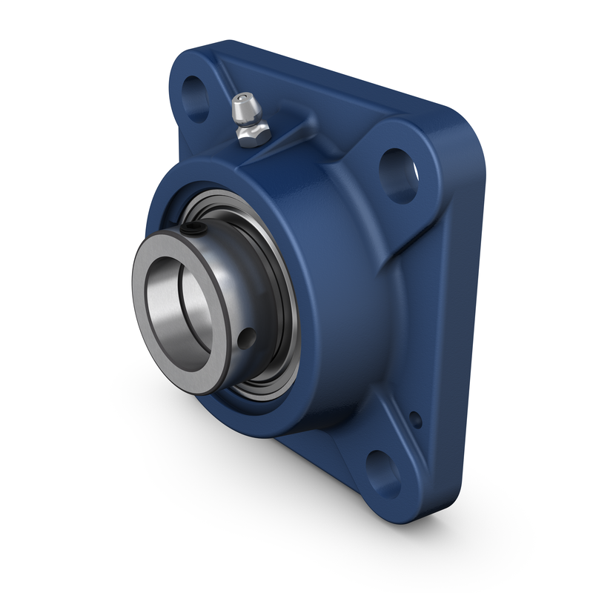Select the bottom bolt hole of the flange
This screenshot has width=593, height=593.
pos(382,469)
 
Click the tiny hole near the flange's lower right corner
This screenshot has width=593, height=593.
pos(417,419)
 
